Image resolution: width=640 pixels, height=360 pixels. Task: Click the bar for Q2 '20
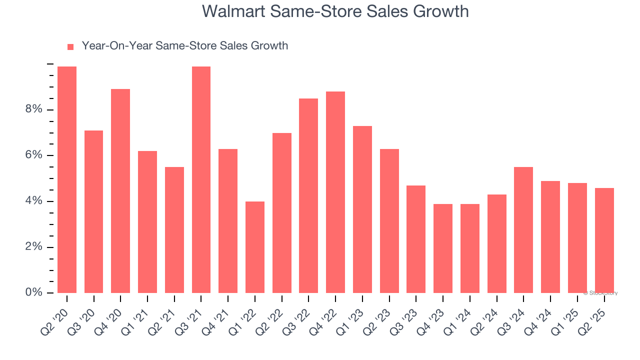(67, 179)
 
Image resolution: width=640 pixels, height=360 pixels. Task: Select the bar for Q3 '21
(201, 179)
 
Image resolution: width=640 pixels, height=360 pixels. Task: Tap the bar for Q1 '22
(255, 247)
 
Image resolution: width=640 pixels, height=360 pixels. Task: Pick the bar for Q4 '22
(335, 192)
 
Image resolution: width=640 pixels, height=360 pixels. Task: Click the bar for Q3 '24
(523, 230)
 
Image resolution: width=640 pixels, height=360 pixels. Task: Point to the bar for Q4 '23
(443, 248)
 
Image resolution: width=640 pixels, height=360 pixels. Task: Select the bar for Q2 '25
(604, 240)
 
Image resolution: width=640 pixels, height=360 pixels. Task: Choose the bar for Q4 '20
(120, 191)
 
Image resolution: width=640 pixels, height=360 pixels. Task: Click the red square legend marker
(70, 46)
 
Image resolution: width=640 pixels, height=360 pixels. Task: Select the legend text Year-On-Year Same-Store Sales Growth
(185, 46)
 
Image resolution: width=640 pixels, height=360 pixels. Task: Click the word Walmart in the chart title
(234, 11)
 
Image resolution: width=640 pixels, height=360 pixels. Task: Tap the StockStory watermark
(600, 293)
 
